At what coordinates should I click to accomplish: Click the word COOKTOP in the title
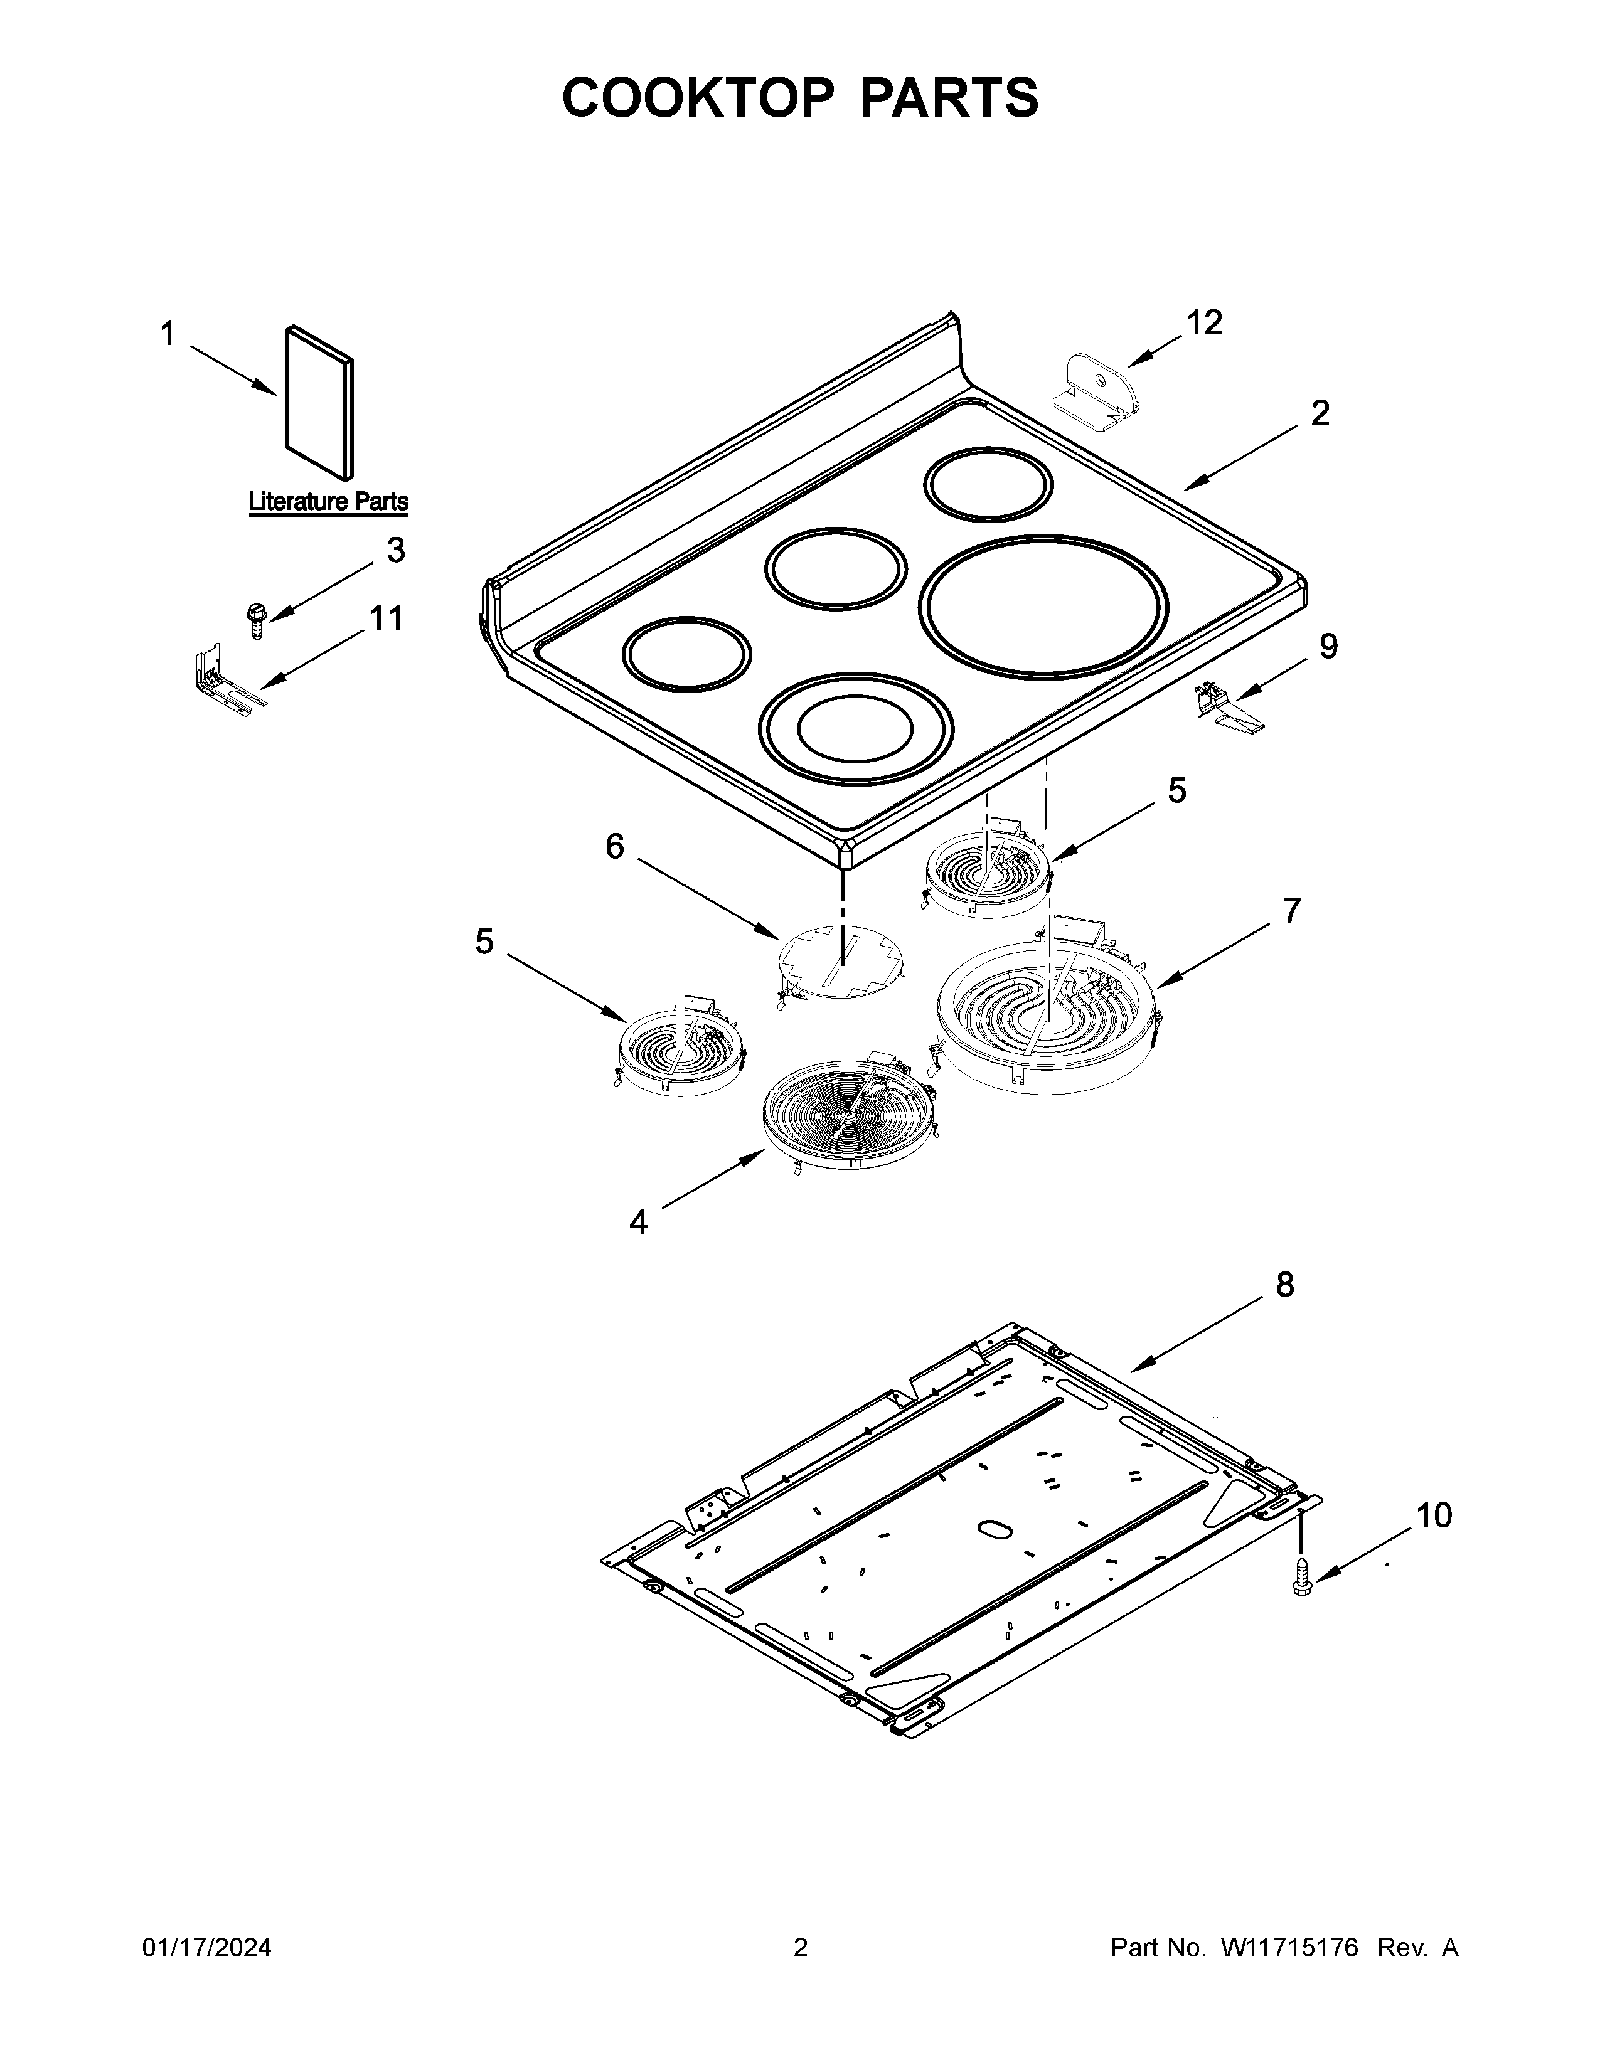pos(696,98)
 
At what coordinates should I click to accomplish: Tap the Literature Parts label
pos(328,501)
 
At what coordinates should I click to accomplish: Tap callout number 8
pos(1284,1285)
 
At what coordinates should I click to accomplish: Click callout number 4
pos(639,1223)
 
